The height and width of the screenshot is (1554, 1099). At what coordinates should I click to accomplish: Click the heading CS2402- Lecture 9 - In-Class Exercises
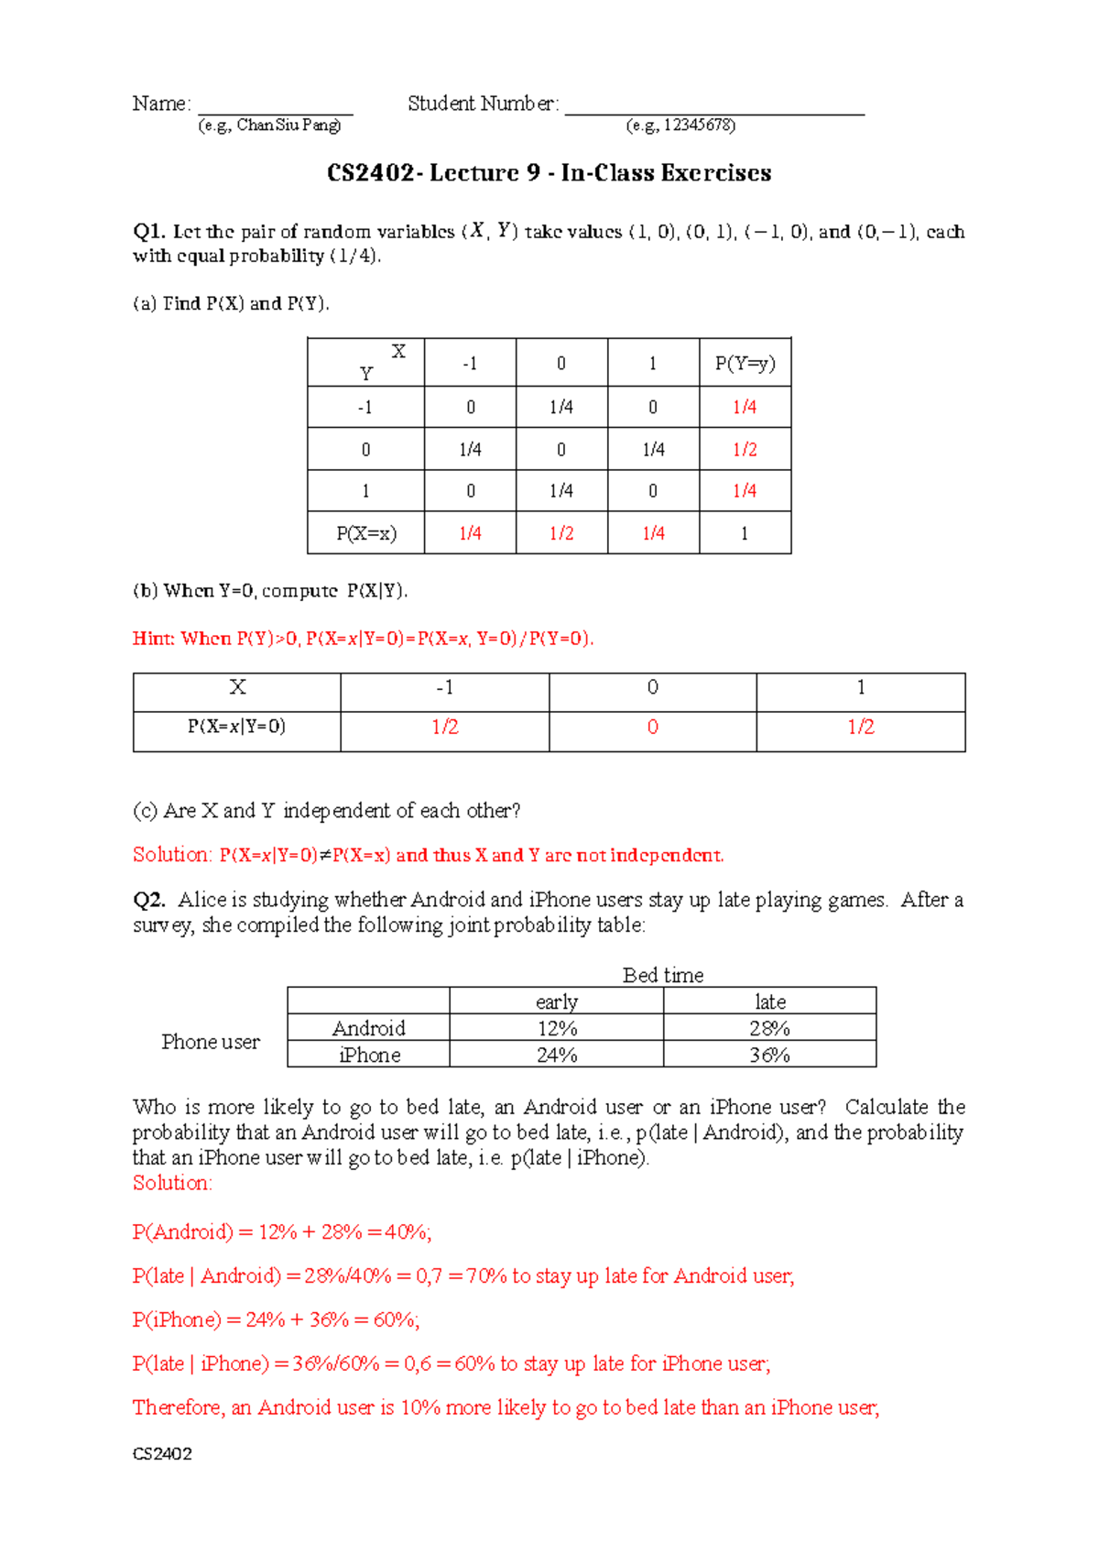(x=549, y=173)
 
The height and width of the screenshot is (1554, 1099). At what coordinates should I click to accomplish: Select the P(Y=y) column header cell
(x=745, y=364)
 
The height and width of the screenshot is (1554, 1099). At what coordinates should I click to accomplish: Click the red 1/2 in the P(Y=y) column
(x=745, y=450)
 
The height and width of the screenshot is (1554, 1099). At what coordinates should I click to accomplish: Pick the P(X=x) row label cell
(x=366, y=533)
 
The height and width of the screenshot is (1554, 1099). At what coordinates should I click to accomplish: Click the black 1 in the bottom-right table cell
(x=745, y=533)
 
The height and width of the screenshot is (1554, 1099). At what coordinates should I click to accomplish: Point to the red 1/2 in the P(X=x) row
(x=561, y=533)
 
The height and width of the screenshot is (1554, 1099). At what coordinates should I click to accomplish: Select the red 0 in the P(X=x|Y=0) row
(x=652, y=728)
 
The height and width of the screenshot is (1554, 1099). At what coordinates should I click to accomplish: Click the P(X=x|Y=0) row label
(x=236, y=728)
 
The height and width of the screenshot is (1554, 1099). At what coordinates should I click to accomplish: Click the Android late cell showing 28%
(x=769, y=1028)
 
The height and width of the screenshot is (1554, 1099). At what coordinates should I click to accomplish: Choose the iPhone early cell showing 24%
(x=556, y=1055)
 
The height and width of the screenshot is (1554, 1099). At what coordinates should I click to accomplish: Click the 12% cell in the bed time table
(x=556, y=1028)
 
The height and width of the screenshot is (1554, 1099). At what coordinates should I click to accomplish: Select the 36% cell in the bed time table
(x=769, y=1055)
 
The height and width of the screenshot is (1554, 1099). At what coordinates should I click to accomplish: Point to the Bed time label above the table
(x=663, y=975)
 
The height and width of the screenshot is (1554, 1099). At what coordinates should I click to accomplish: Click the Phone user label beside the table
(x=211, y=1042)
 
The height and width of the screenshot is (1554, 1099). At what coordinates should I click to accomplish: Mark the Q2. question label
(x=148, y=900)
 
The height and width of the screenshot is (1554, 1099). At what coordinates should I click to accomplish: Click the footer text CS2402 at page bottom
(x=162, y=1454)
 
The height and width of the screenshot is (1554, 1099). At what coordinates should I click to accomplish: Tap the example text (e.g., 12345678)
(x=680, y=126)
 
